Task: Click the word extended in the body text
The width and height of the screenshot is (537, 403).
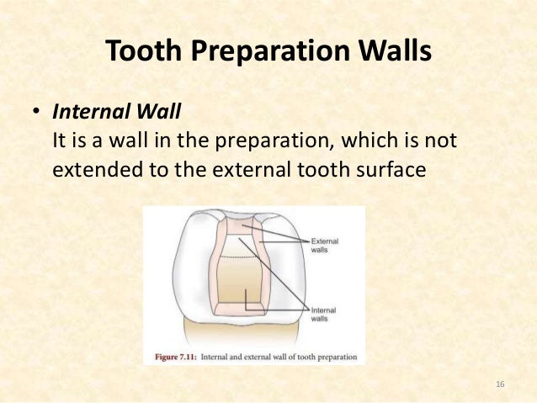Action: (94, 168)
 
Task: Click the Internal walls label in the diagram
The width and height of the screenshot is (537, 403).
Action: (325, 314)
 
